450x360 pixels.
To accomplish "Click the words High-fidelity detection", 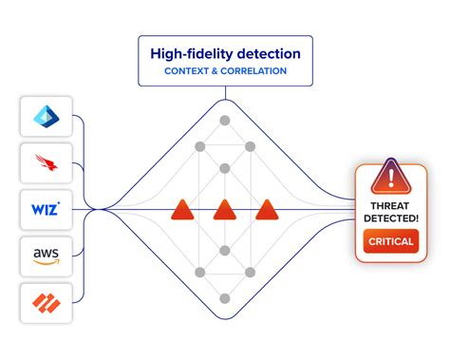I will coord(225,53).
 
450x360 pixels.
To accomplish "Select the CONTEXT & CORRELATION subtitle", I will coord(225,71).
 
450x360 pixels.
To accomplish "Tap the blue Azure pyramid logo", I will coord(45,116).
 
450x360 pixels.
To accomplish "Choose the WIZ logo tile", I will coord(45,208).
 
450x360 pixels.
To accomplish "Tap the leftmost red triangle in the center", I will coord(182,210).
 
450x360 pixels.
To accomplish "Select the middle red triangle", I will coord(225,210).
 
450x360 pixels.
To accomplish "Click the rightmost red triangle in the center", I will coord(268,210).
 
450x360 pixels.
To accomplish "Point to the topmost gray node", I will coord(225,121).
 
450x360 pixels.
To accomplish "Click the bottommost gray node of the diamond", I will coord(225,296).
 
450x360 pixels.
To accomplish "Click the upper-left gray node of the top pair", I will coord(199,147).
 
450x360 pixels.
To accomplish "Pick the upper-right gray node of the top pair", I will coord(251,147).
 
